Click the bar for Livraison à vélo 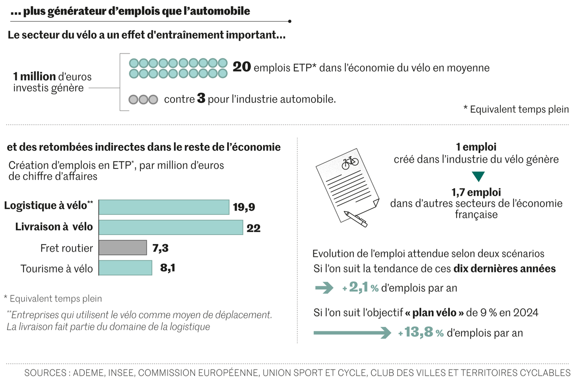[171, 227]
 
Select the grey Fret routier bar [123, 247]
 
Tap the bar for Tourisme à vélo [126, 268]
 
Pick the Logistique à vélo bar [164, 207]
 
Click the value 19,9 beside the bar [243, 207]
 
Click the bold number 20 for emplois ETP [242, 67]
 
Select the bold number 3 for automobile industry [201, 100]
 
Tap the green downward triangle [478, 177]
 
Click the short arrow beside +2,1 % [324, 288]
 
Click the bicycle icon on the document [350, 162]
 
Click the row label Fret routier [67, 248]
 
